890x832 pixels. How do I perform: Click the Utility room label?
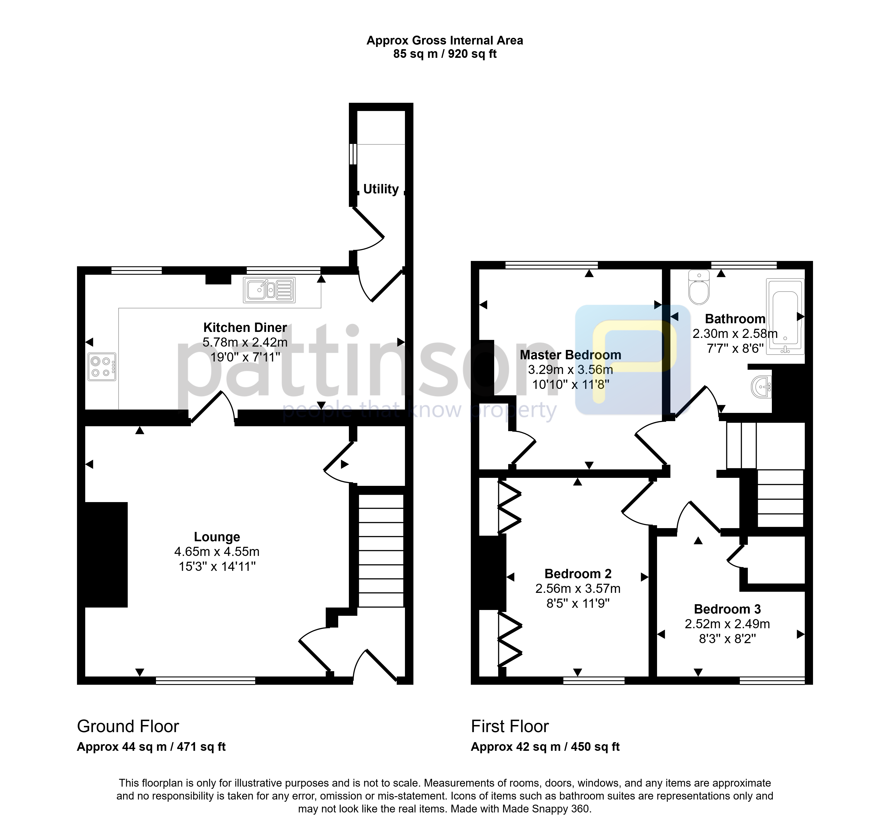click(x=380, y=189)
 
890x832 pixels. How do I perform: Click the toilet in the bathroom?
click(x=699, y=287)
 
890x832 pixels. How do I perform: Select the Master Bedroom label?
click(x=570, y=355)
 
